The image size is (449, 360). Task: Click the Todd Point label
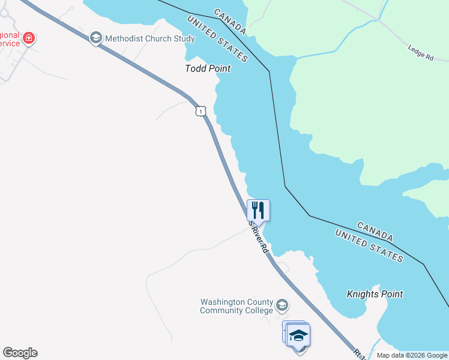[208, 68]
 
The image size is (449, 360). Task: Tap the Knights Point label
[375, 294]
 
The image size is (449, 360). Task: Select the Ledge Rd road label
[420, 53]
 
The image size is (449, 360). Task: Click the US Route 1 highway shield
[200, 111]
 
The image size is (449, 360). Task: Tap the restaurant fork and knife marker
[258, 210]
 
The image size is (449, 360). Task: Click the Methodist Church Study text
[149, 38]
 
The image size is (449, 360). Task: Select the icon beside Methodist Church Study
[95, 38]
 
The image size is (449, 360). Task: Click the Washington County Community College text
[237, 306]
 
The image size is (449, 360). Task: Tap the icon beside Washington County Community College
[282, 307]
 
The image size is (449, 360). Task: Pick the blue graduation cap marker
[298, 335]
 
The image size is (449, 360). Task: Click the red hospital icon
[28, 40]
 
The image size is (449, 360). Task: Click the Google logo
[20, 353]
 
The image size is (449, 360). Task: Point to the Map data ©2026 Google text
[412, 355]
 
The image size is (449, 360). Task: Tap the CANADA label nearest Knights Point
[376, 232]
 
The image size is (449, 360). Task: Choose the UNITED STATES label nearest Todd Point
[217, 40]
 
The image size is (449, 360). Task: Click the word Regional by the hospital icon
[9, 35]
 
